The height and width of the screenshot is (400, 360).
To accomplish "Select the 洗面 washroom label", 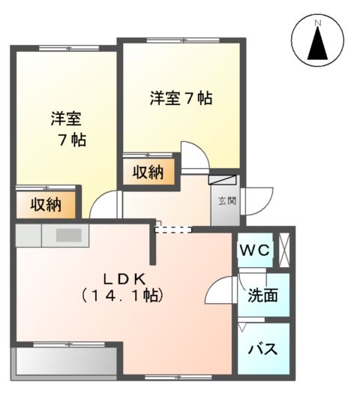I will point(262,296).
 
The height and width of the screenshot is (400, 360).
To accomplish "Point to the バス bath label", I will point(262,349).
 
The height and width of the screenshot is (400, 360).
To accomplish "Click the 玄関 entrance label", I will point(226,201).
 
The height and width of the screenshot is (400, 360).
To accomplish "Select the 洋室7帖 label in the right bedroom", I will point(180,98).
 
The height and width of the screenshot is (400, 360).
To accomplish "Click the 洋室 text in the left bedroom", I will point(66,119).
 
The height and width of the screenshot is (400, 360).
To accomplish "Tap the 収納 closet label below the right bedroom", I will point(148,173).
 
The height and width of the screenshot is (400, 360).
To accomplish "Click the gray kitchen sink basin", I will point(67,235).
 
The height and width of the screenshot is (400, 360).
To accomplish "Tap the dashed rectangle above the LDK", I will point(173,229).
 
